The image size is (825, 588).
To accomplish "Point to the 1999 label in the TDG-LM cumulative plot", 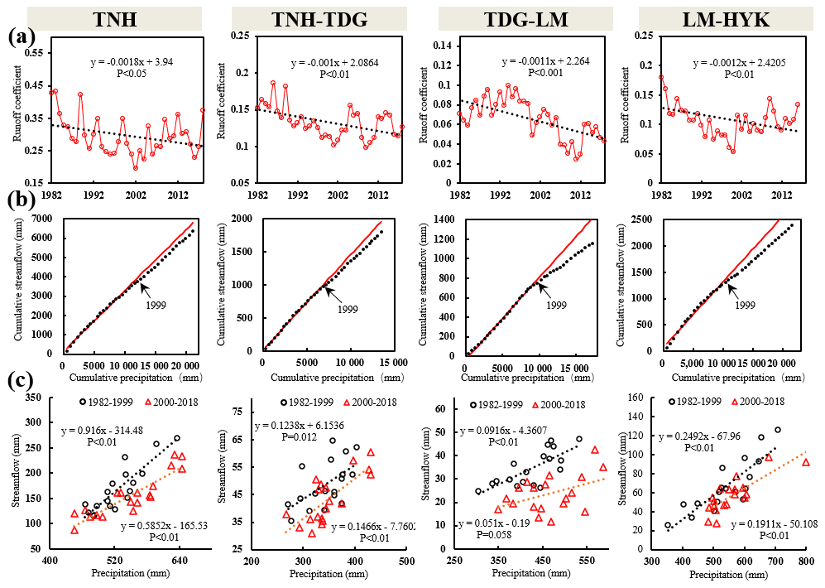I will point(556,306).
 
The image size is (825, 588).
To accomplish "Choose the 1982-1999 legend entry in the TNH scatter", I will point(108,402).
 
